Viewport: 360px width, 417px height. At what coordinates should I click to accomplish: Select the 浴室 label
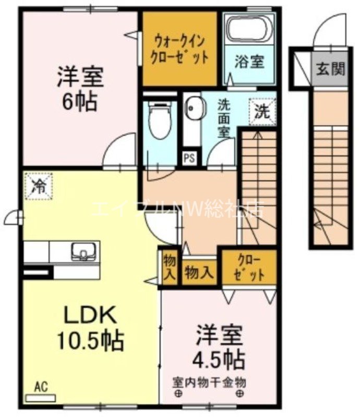249,62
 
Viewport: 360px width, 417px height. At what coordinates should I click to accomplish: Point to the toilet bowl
157,120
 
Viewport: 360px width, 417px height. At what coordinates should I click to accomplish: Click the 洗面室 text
223,118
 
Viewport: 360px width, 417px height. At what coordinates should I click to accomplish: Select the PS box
189,158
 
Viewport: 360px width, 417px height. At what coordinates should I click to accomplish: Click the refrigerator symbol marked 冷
40,186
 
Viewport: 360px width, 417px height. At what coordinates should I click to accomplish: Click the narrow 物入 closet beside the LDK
169,266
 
